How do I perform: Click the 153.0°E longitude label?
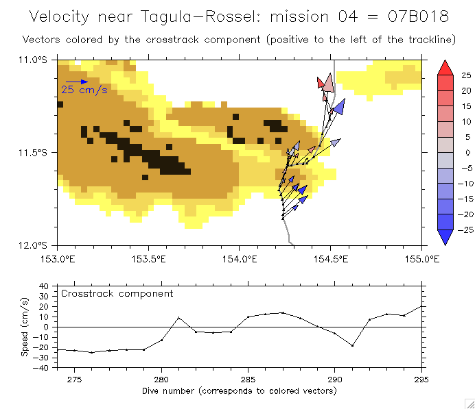coord(57,259)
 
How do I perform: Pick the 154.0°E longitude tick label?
coord(239,259)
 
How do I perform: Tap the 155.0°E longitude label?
coord(421,259)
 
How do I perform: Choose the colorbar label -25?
coord(463,230)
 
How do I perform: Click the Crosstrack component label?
coord(117,293)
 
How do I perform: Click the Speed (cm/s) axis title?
coord(25,326)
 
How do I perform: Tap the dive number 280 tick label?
coord(161,379)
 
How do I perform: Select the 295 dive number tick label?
coord(421,379)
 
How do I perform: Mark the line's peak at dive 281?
coord(178,318)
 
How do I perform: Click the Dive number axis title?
coord(239,391)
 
